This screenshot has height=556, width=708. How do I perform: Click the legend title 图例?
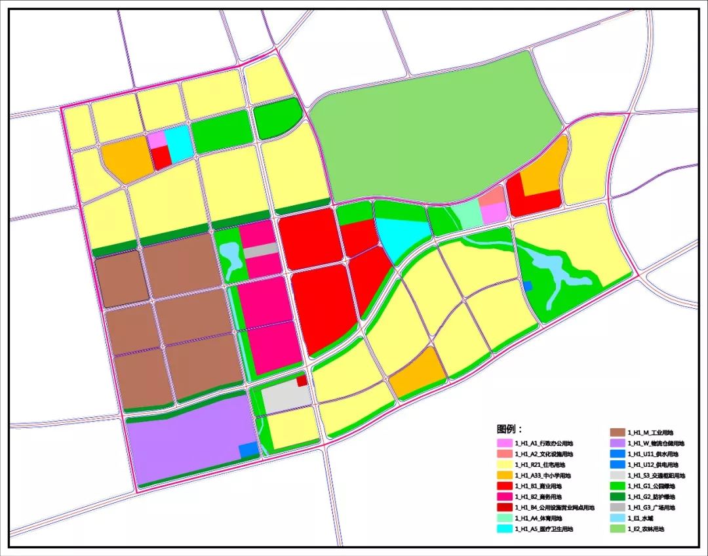coord(509,429)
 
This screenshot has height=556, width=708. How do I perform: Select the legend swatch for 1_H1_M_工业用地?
coord(618,433)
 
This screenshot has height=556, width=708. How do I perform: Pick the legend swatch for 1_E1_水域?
coord(618,518)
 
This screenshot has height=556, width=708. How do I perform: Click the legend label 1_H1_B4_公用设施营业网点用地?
coord(554,507)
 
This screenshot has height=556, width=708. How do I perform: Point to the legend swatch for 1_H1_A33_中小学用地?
coord(504,475)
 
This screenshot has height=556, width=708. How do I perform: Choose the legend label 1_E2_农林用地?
coord(646,528)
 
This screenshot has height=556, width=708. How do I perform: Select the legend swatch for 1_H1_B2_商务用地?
coord(504,497)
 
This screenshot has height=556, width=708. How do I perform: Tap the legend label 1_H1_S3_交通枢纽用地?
coord(656,475)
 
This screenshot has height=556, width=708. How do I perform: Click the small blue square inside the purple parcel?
coord(248,450)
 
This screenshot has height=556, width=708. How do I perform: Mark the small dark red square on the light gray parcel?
coord(302,380)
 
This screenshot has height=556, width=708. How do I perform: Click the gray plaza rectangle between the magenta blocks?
coord(260,250)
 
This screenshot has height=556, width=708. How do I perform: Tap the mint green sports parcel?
coord(467,214)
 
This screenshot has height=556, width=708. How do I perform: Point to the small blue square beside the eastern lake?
coord(527,285)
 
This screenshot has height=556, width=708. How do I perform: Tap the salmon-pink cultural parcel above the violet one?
coord(491,195)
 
